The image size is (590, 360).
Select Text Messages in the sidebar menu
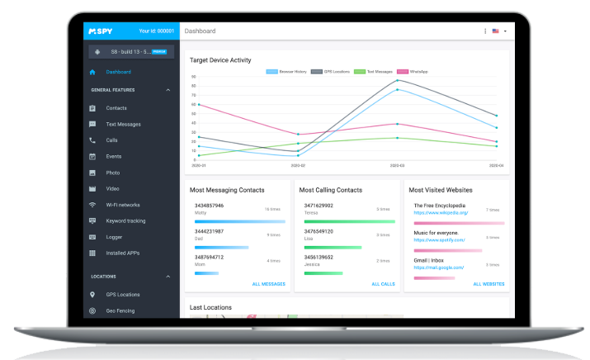click(x=123, y=124)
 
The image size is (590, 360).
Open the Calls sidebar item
click(x=111, y=140)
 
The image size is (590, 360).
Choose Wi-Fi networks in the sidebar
click(x=123, y=205)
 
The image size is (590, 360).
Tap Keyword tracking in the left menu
click(x=125, y=221)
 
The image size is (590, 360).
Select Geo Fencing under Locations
click(x=120, y=310)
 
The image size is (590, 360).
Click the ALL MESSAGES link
click(x=268, y=284)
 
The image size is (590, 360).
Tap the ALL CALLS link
click(x=382, y=284)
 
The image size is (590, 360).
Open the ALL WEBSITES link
click(x=489, y=284)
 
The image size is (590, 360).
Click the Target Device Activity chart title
click(x=220, y=60)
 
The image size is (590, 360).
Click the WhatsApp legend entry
click(x=414, y=72)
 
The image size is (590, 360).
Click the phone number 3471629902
click(x=319, y=205)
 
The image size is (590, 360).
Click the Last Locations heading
click(x=210, y=308)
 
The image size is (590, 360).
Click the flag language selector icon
click(x=496, y=31)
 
